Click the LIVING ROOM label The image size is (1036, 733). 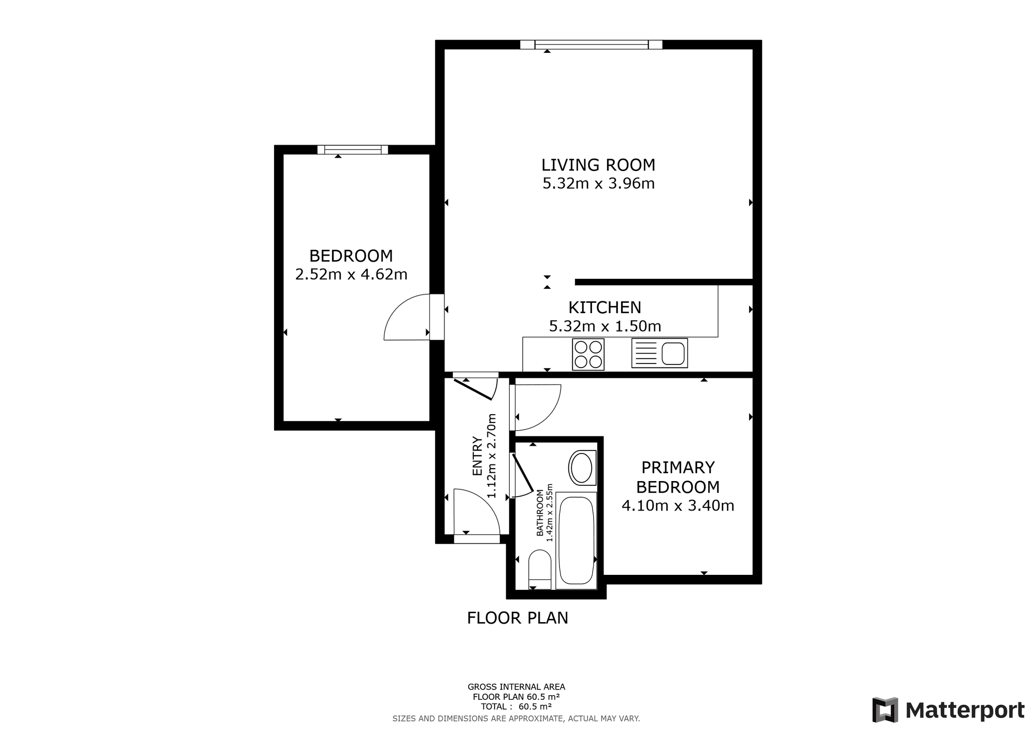[x=598, y=165]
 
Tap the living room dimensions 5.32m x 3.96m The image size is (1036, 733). [x=598, y=184]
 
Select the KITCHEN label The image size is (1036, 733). [x=605, y=307]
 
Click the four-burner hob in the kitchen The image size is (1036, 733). [x=588, y=354]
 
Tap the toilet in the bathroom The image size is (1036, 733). [x=540, y=569]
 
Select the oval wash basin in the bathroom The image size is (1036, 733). [x=582, y=468]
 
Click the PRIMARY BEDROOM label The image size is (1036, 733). [x=678, y=477]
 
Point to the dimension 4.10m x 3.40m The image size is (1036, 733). [x=678, y=505]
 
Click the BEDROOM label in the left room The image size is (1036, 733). [x=351, y=256]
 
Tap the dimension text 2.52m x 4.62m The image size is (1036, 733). [x=351, y=274]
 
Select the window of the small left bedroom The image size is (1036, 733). [x=353, y=150]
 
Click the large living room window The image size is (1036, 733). [x=591, y=45]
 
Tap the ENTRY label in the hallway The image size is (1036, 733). [x=477, y=456]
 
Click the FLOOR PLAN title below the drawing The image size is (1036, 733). [x=517, y=618]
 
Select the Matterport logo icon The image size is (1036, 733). [x=885, y=710]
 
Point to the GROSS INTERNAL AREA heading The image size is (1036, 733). [x=516, y=687]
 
